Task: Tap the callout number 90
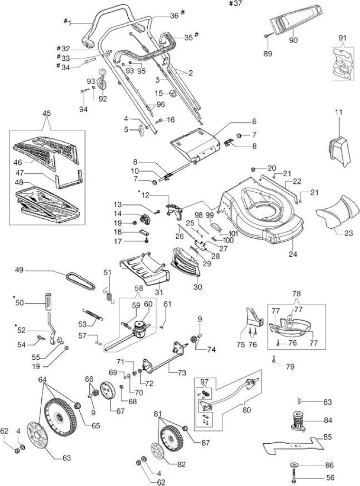coord(293,40)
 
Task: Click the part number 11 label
coord(339,112)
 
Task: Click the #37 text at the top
coord(236,4)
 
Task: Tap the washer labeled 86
coord(294,466)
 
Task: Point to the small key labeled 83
coord(301,402)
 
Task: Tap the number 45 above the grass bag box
coord(46,114)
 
